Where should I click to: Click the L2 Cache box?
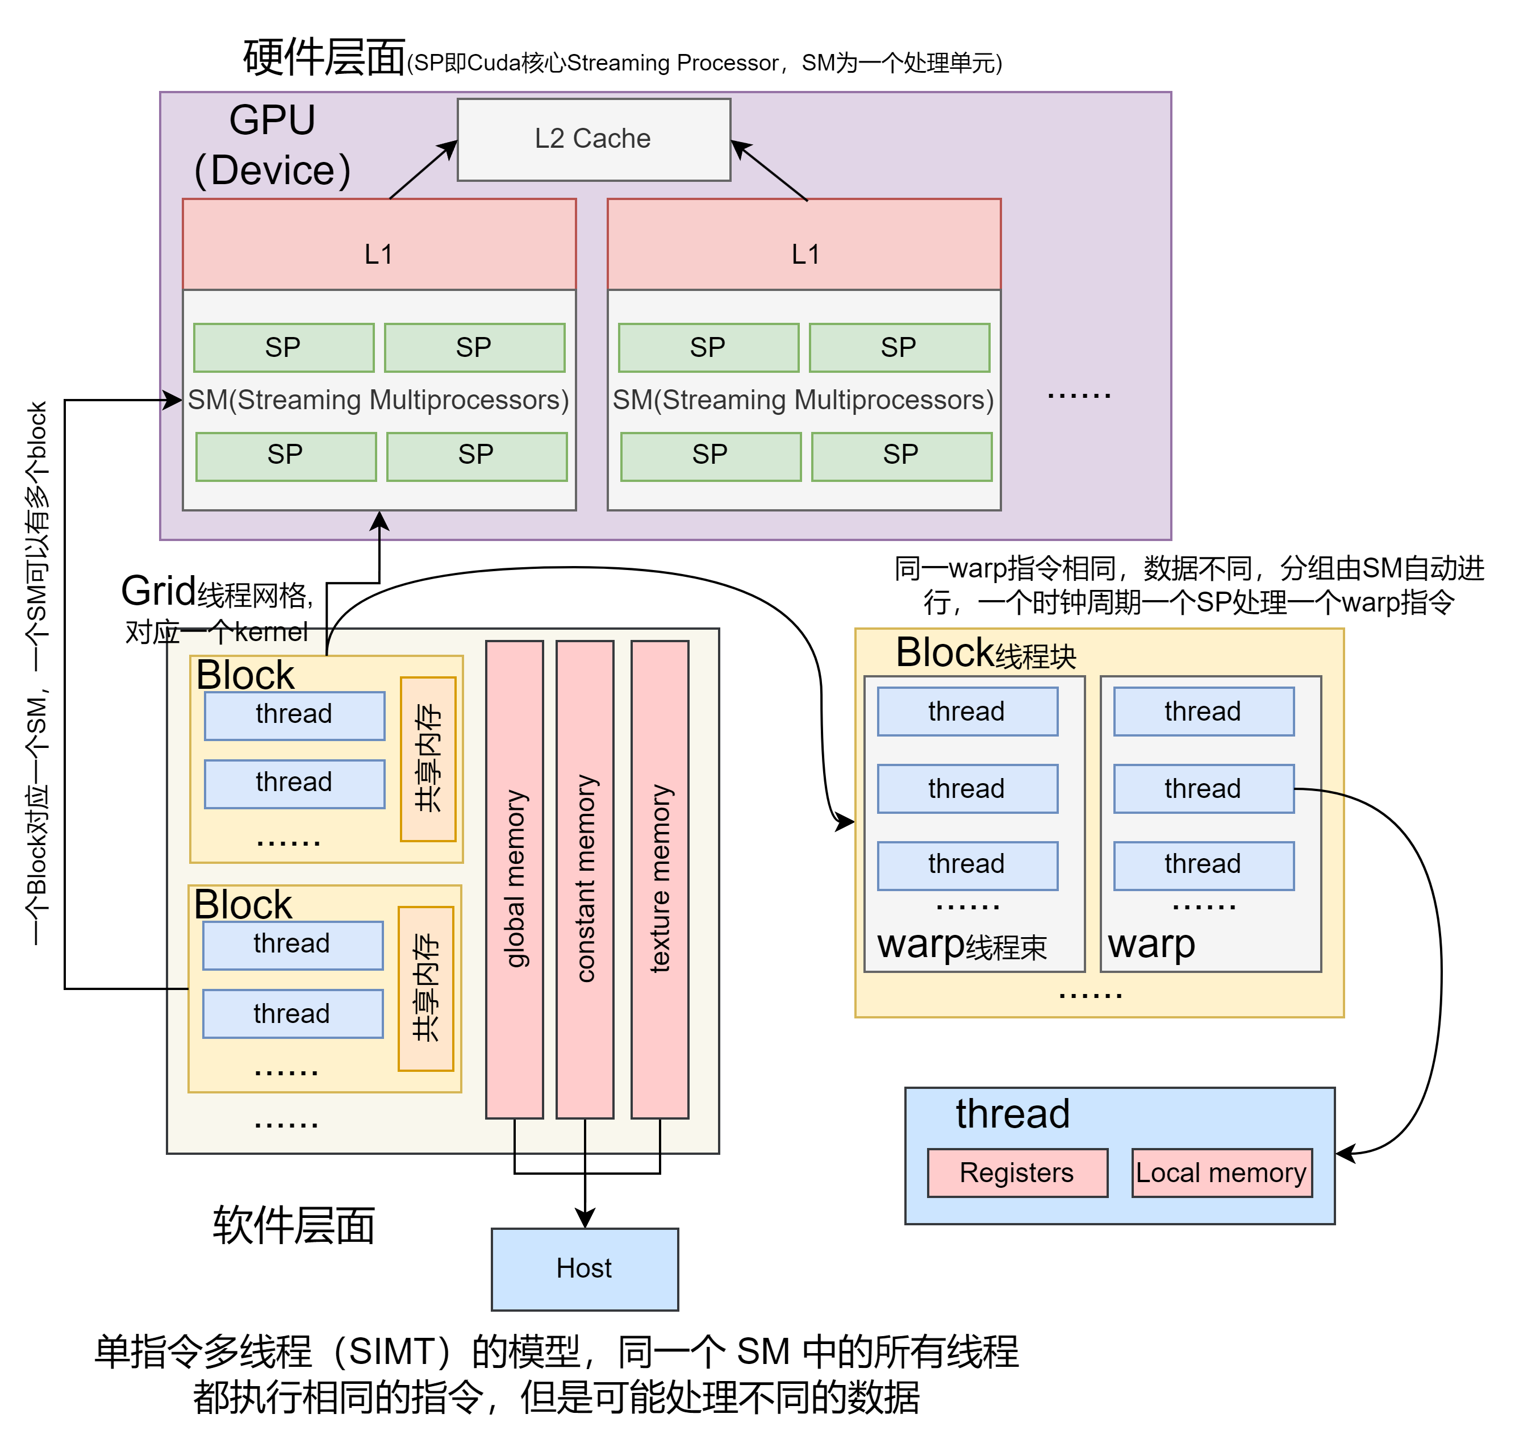coord(594,139)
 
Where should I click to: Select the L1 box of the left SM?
coord(378,244)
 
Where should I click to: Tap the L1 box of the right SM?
coord(804,244)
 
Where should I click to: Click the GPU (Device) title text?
coord(272,145)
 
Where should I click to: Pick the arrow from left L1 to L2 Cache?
coord(423,170)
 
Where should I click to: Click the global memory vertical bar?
coord(515,879)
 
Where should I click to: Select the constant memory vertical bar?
coord(585,879)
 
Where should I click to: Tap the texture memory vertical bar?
coord(660,879)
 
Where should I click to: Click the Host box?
coord(585,1269)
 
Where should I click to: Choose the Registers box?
coord(1017,1172)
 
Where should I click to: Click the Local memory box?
coord(1221,1172)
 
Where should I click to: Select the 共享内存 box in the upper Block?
coord(428,758)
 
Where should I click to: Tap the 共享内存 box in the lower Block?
coord(425,988)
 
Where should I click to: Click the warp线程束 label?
coord(961,945)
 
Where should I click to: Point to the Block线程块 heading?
coord(985,653)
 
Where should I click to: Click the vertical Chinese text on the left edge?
coord(37,672)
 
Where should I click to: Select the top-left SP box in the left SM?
coord(283,348)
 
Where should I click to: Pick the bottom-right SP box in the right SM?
coord(901,456)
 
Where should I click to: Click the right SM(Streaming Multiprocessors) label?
coord(804,400)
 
